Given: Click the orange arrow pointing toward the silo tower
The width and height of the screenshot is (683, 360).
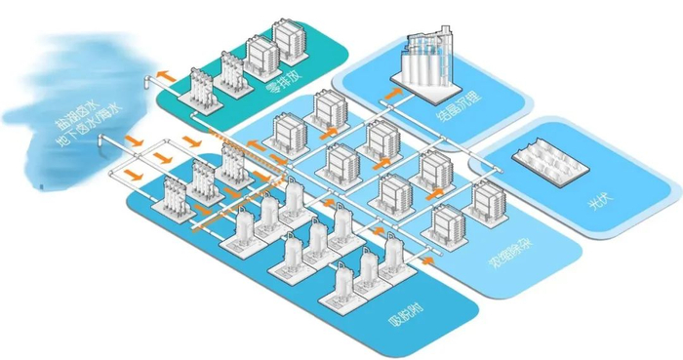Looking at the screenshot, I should [x=393, y=93].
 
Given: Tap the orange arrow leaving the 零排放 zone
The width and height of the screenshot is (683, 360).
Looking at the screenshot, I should [x=165, y=73].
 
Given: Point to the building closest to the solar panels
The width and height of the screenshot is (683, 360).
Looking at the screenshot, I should [x=485, y=200].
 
